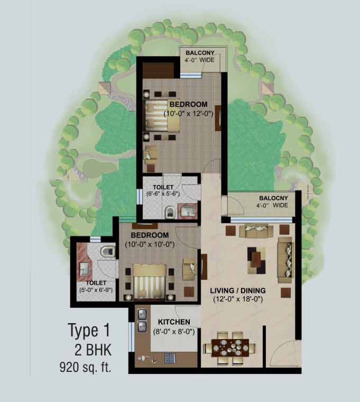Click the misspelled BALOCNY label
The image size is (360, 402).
pos(273,198)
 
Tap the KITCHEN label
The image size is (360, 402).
pos(174,322)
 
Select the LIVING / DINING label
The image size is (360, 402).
pos(238,290)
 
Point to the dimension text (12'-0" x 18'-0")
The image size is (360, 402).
pos(238,299)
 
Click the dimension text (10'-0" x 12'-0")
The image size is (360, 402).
pos(188,113)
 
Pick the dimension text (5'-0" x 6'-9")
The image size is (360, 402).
pos(96,290)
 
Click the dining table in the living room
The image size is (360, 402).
pos(230,348)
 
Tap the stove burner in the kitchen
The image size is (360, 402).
pos(169,358)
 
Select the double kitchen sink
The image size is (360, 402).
pos(142,320)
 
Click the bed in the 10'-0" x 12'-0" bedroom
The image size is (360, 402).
pos(162,116)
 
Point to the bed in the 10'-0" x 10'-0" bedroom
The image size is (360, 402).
pos(149,281)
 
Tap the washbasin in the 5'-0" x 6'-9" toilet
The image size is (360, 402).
pos(84,269)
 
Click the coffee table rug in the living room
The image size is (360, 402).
pos(256,260)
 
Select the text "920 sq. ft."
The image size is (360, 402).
pos(85,367)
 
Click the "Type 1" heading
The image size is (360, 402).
pos(89,331)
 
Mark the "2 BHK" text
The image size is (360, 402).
pos(93,350)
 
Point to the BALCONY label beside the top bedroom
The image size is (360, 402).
pos(200,53)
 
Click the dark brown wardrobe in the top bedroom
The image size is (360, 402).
pos(158,70)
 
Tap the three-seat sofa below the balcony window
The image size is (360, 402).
pos(256,231)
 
